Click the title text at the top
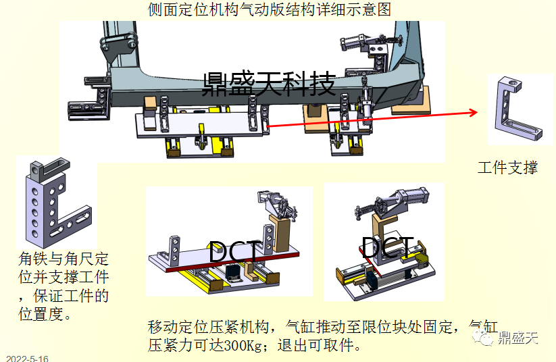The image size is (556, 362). [269, 9]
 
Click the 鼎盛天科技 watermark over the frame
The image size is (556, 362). [269, 84]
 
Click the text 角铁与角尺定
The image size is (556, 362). [64, 259]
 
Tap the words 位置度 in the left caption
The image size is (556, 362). [45, 314]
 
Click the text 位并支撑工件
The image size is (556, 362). [64, 277]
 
